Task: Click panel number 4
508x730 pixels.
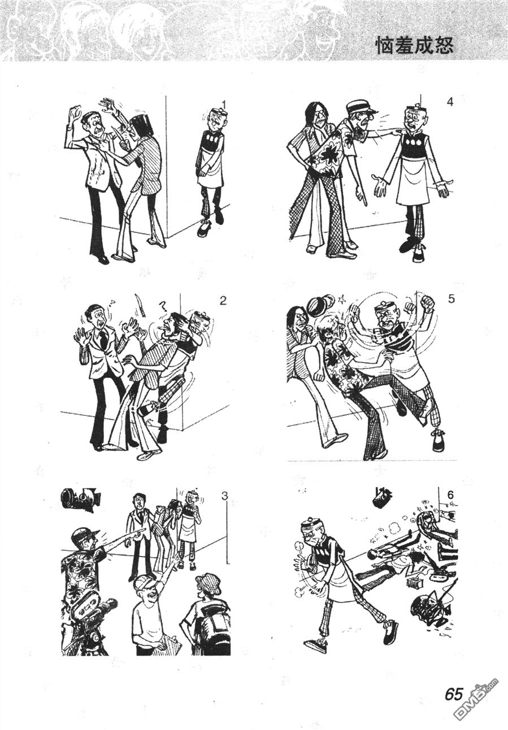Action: click(450, 102)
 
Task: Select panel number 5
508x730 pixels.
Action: click(451, 299)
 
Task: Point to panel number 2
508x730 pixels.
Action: click(223, 301)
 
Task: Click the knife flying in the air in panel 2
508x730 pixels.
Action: click(140, 305)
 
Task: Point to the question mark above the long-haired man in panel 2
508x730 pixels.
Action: click(162, 307)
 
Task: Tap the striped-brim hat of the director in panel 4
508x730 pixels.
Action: click(358, 107)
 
